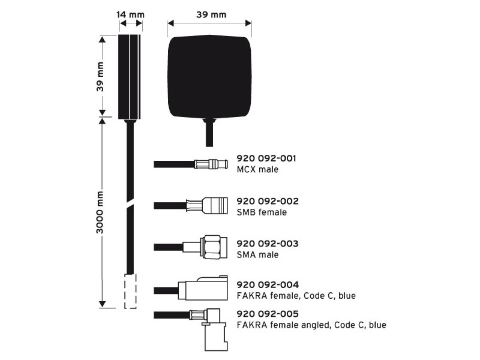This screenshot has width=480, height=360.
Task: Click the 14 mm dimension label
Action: pos(130,15)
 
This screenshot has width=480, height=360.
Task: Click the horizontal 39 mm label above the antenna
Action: pos(211,15)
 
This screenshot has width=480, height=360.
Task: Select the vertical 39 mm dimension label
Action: pos(100,76)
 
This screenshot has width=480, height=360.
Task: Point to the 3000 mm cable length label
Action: pos(100,212)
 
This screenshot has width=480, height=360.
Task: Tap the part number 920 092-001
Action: pos(266,158)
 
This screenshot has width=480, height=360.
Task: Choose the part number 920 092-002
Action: pos(268,201)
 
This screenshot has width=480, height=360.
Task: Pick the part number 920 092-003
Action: pos(268,244)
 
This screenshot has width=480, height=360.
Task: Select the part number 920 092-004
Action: pos(268,284)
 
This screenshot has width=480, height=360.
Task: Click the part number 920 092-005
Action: pos(268,314)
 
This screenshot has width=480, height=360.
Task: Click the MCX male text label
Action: pos(258,169)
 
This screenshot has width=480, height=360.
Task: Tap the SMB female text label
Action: pos(262,212)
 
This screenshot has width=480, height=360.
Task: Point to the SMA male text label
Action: pos(258,255)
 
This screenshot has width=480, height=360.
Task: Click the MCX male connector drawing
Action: pos(211,164)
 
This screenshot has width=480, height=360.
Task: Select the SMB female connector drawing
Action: pos(207,206)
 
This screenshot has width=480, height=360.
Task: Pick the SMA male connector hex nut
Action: pos(212,247)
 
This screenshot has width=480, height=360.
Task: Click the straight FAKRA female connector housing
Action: pos(203,288)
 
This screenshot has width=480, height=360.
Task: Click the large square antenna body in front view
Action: pos(210,76)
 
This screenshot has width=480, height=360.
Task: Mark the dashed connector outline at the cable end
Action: pos(130,291)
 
